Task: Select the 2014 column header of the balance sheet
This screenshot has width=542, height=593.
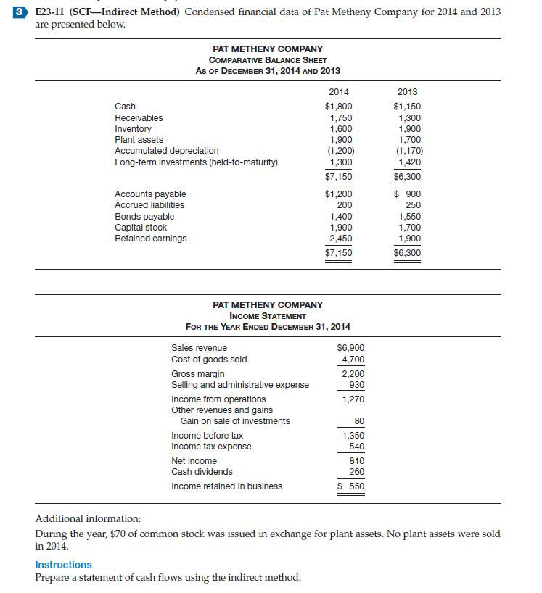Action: pos(338,91)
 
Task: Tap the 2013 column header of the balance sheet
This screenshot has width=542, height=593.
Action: pos(408,91)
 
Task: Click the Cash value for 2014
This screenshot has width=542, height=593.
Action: pos(338,107)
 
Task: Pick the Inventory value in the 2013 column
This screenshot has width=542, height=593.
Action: pos(409,128)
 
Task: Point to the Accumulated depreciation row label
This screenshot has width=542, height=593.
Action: pos(166,151)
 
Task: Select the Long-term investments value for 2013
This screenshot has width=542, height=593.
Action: pos(409,162)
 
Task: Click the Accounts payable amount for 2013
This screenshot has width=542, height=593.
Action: pos(408,194)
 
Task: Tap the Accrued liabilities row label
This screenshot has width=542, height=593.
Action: pos(149,205)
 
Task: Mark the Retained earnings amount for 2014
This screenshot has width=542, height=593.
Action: pos(340,239)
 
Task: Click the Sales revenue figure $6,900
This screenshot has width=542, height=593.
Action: pos(351,348)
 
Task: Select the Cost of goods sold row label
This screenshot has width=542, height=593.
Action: pos(209,360)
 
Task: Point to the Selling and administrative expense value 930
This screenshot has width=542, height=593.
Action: pos(357,385)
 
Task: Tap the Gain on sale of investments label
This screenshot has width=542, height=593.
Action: pos(235,421)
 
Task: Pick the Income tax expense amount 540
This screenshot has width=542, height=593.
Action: pos(357,447)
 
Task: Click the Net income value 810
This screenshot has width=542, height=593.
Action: pos(357,461)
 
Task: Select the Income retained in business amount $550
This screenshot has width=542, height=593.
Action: pos(351,486)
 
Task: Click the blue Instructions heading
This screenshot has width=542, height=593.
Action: pos(64,565)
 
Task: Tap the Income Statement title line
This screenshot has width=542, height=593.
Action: pos(268,315)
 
